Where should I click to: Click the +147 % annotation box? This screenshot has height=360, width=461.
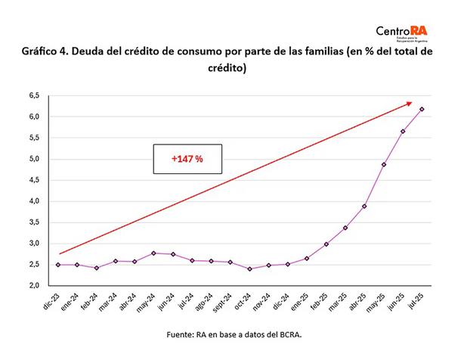click(187, 160)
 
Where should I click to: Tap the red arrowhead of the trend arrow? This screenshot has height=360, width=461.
click(409, 103)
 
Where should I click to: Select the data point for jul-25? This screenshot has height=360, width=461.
click(422, 109)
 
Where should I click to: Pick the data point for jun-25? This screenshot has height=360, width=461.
click(403, 132)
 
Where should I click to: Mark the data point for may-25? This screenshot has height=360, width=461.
click(384, 164)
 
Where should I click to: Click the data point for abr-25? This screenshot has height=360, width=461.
click(364, 206)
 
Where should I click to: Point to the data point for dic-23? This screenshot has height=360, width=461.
click(57, 265)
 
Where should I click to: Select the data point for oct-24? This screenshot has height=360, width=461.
click(249, 268)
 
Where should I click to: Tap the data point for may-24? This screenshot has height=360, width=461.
click(153, 253)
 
